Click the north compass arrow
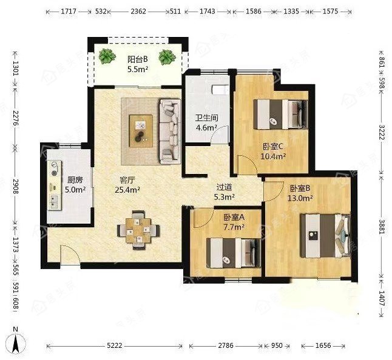tap(16, 344)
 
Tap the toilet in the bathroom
tap(220, 90)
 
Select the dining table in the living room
tap(138, 230)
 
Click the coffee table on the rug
tap(141, 131)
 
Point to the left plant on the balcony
tap(107, 56)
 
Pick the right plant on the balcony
tap(167, 57)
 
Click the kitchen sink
tap(55, 201)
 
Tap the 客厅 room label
tap(127, 180)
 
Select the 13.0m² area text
tap(300, 198)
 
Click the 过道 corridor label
tap(224, 187)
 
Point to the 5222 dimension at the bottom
tap(115, 345)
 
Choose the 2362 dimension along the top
tap(138, 12)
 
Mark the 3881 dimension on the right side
tap(382, 227)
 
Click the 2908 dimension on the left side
tap(16, 186)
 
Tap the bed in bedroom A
tap(234, 253)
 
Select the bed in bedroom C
tap(280, 115)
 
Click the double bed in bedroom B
tap(325, 235)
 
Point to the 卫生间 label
tap(206, 118)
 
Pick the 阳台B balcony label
tap(138, 59)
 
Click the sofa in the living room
tap(170, 132)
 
